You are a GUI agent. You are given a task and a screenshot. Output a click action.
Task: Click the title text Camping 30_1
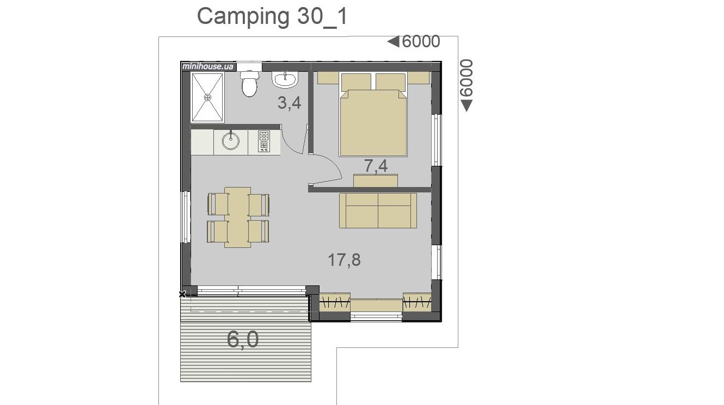click(272, 16)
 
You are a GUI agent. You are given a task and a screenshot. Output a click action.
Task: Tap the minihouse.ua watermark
click(208, 66)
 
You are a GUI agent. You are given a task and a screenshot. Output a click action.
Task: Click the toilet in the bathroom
click(249, 84)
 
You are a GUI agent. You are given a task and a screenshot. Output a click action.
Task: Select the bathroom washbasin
click(285, 79)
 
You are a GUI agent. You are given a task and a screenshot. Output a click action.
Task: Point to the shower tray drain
click(208, 97)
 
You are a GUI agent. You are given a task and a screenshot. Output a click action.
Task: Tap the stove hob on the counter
click(264, 141)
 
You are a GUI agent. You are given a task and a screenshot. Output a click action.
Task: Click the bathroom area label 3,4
click(289, 103)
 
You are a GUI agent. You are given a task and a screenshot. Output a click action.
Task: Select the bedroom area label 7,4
click(376, 166)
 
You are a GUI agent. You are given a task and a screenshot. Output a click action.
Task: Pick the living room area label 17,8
click(344, 260)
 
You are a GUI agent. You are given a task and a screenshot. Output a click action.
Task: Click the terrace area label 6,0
click(243, 339)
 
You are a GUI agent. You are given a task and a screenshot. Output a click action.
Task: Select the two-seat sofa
click(378, 210)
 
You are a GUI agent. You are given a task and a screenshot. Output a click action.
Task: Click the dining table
click(237, 217)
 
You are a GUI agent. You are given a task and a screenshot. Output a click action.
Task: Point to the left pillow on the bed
click(356, 82)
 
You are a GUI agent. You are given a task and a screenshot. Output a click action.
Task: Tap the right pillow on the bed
click(390, 82)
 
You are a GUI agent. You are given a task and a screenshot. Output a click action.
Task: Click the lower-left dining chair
click(217, 232)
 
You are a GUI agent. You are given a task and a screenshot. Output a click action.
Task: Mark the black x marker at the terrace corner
click(182, 294)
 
